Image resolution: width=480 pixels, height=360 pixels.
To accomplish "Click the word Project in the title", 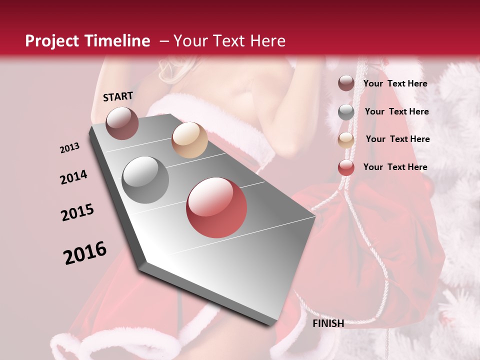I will [52, 41].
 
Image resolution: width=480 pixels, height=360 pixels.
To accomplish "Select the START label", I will [118, 96].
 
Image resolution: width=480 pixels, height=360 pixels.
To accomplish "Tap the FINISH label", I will [328, 323].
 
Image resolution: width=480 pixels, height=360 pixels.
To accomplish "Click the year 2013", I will [70, 148].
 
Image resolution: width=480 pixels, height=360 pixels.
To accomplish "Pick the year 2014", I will [73, 177].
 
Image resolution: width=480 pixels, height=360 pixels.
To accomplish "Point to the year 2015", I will [77, 212].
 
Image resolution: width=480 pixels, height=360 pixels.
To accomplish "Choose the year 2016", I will [85, 253].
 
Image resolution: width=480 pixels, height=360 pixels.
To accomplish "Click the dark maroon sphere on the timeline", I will [122, 123].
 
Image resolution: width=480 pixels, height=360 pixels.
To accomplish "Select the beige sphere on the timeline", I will [189, 140].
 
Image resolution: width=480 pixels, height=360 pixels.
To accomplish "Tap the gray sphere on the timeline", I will [145, 180].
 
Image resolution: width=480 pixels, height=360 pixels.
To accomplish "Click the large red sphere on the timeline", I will [216, 207].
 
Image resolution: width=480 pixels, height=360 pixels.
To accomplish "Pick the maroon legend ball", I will [346, 83].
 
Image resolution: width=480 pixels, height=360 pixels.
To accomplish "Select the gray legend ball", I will [346, 112].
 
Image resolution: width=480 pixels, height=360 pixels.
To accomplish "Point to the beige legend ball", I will [346, 140].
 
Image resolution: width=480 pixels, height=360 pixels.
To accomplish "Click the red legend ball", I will [346, 167].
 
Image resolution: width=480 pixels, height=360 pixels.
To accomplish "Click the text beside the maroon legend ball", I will [395, 83].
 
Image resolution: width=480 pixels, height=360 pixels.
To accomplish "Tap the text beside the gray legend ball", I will [396, 111].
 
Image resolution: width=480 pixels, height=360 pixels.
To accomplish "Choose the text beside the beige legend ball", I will [397, 139].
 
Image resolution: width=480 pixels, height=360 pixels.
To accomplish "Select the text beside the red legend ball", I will [395, 167].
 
